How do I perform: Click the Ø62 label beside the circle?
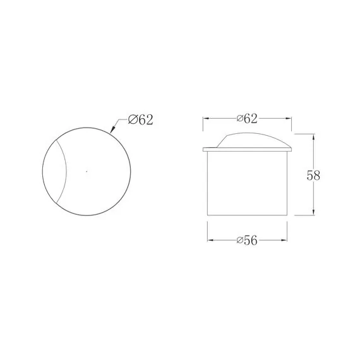140,119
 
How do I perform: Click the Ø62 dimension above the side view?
247,119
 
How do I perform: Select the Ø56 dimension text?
247,241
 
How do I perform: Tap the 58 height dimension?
313,176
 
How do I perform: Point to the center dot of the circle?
87,171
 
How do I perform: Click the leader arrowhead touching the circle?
112,129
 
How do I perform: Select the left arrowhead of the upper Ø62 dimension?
207,119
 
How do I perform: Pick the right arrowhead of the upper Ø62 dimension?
288,119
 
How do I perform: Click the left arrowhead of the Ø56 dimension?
211,241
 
